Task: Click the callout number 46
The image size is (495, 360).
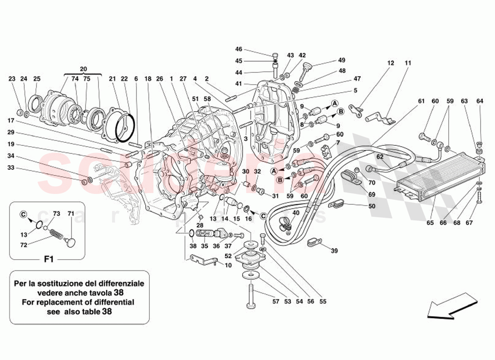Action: (238, 49)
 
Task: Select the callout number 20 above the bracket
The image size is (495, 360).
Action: (83, 69)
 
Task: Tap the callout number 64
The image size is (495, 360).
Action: (480, 101)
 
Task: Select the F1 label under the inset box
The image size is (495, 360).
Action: (49, 260)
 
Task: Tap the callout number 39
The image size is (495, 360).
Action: (333, 251)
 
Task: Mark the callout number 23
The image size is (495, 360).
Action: (12, 79)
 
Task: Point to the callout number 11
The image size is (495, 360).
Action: (408, 63)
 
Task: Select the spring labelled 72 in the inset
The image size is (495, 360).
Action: (55, 235)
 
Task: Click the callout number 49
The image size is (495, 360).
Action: (342, 60)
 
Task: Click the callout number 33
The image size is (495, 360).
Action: (12, 168)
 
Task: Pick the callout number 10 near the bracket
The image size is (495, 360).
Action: (228, 265)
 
